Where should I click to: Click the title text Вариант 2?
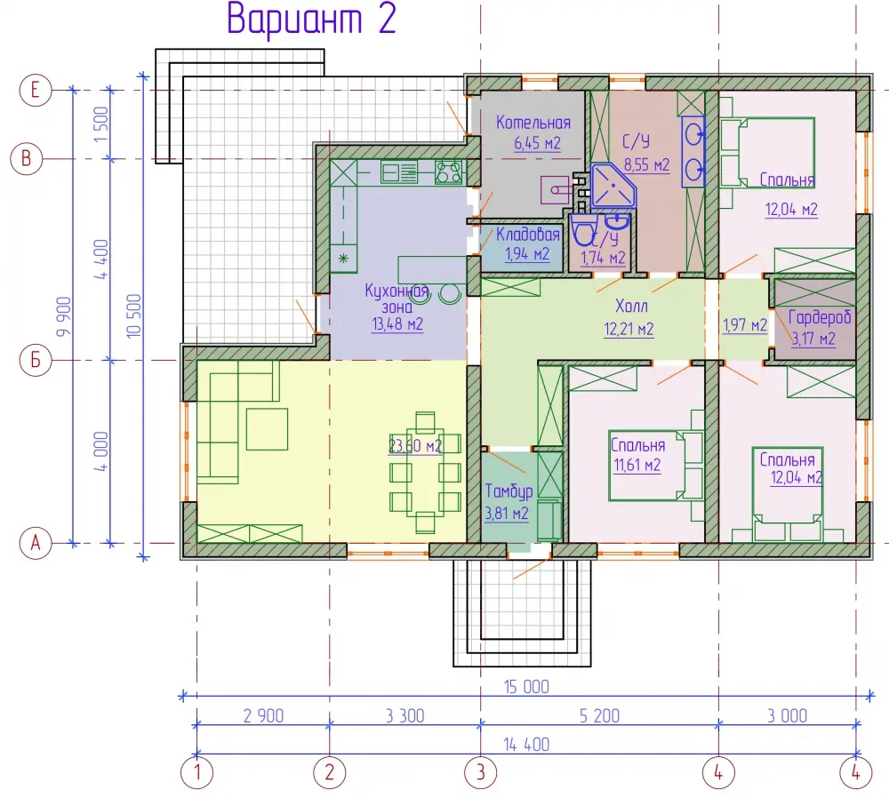point(310,20)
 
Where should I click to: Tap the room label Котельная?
point(533,123)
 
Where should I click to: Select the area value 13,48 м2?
point(397,324)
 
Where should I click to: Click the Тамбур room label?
point(509,491)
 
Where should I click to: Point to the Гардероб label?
point(820,318)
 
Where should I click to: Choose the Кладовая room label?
point(528,234)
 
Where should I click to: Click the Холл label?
point(631,306)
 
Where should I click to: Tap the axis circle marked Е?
point(36,90)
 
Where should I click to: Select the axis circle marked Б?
point(36,360)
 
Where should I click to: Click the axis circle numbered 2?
point(330,772)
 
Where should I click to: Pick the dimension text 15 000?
point(526,687)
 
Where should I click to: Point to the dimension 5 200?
point(599,716)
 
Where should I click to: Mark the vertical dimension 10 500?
point(134,315)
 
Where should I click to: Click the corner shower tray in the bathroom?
point(613,186)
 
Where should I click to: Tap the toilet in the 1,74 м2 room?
point(582,231)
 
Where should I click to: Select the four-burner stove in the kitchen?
point(448,172)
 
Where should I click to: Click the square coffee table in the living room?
point(267,429)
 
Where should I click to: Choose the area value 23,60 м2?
point(415,446)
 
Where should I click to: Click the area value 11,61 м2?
point(637,466)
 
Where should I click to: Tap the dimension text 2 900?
point(264,716)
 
